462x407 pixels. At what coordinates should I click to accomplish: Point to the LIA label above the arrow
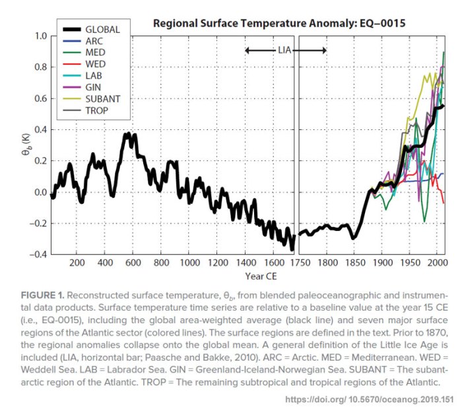coord(285,50)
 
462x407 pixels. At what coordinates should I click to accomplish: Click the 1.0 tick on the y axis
coord(42,36)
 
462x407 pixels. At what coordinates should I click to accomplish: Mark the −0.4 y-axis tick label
coord(39,255)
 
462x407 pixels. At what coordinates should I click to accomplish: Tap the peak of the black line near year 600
coord(127,134)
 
